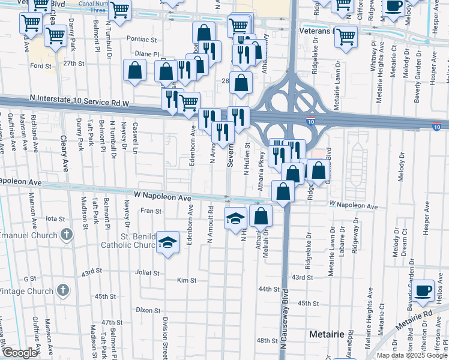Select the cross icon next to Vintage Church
64,291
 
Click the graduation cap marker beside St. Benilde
168,243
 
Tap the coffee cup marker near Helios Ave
423,290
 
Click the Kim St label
187,280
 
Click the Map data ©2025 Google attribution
411,355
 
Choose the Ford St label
41,66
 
